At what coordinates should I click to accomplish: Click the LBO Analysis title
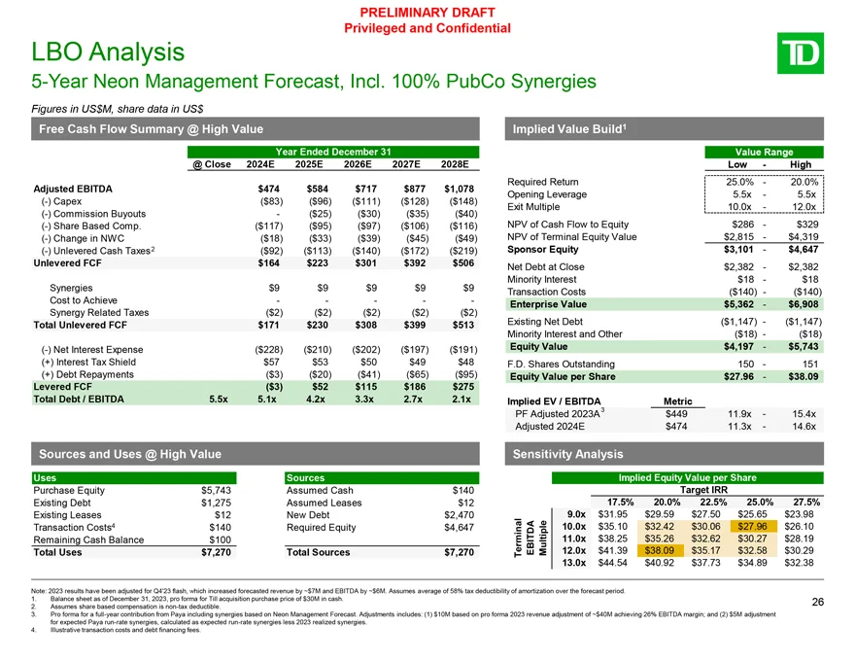(94, 51)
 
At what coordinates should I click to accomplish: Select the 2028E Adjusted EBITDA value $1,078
(458, 188)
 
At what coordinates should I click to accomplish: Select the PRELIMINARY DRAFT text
(427, 12)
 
